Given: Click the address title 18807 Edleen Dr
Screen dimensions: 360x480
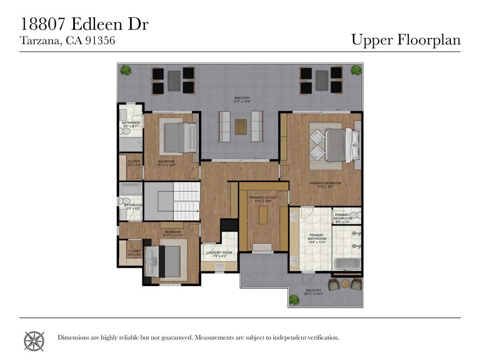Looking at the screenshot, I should tap(84, 24).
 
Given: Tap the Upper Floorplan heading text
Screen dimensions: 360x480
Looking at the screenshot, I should tap(406, 40).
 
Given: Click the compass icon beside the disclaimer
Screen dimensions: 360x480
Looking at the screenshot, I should tap(35, 338).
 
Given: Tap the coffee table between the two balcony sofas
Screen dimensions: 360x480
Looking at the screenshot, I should tap(240, 126).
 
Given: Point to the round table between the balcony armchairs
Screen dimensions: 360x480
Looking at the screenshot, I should tap(345, 283).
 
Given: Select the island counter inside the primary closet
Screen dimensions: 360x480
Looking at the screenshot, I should tap(263, 215).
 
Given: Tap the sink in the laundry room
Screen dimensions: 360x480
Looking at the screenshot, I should tap(219, 267).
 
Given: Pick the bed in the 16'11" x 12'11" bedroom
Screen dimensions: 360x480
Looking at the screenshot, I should tap(164, 261).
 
